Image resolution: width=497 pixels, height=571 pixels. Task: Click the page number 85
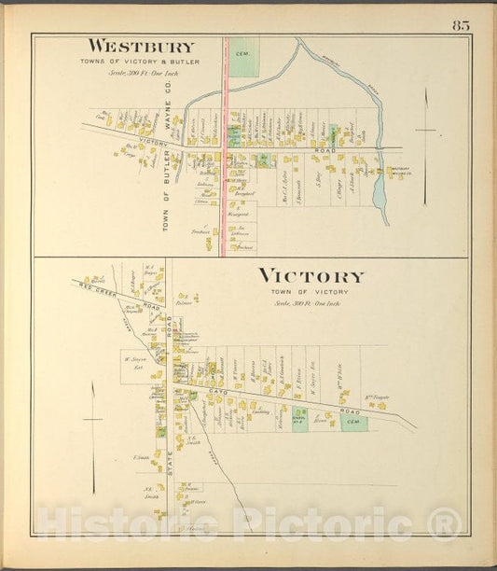click(x=462, y=25)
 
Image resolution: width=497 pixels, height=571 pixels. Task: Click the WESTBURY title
click(x=142, y=48)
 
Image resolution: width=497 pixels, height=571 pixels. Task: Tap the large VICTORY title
click(x=311, y=276)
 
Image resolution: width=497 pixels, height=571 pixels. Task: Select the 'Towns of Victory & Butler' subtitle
click(x=142, y=62)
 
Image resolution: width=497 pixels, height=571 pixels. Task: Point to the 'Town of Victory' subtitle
click(x=311, y=292)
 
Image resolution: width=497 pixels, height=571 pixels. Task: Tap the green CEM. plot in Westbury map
click(x=244, y=55)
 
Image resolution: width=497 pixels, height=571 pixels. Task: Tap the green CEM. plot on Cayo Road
click(x=353, y=423)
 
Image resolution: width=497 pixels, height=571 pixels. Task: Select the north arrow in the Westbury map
click(x=425, y=140)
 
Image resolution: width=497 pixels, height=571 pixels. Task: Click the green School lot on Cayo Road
click(x=300, y=418)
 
